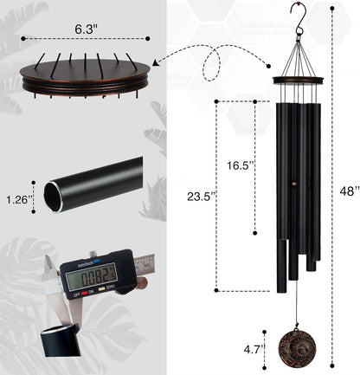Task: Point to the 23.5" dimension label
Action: pyautogui.click(x=200, y=196)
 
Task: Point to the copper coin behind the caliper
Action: pyautogui.click(x=140, y=282)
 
